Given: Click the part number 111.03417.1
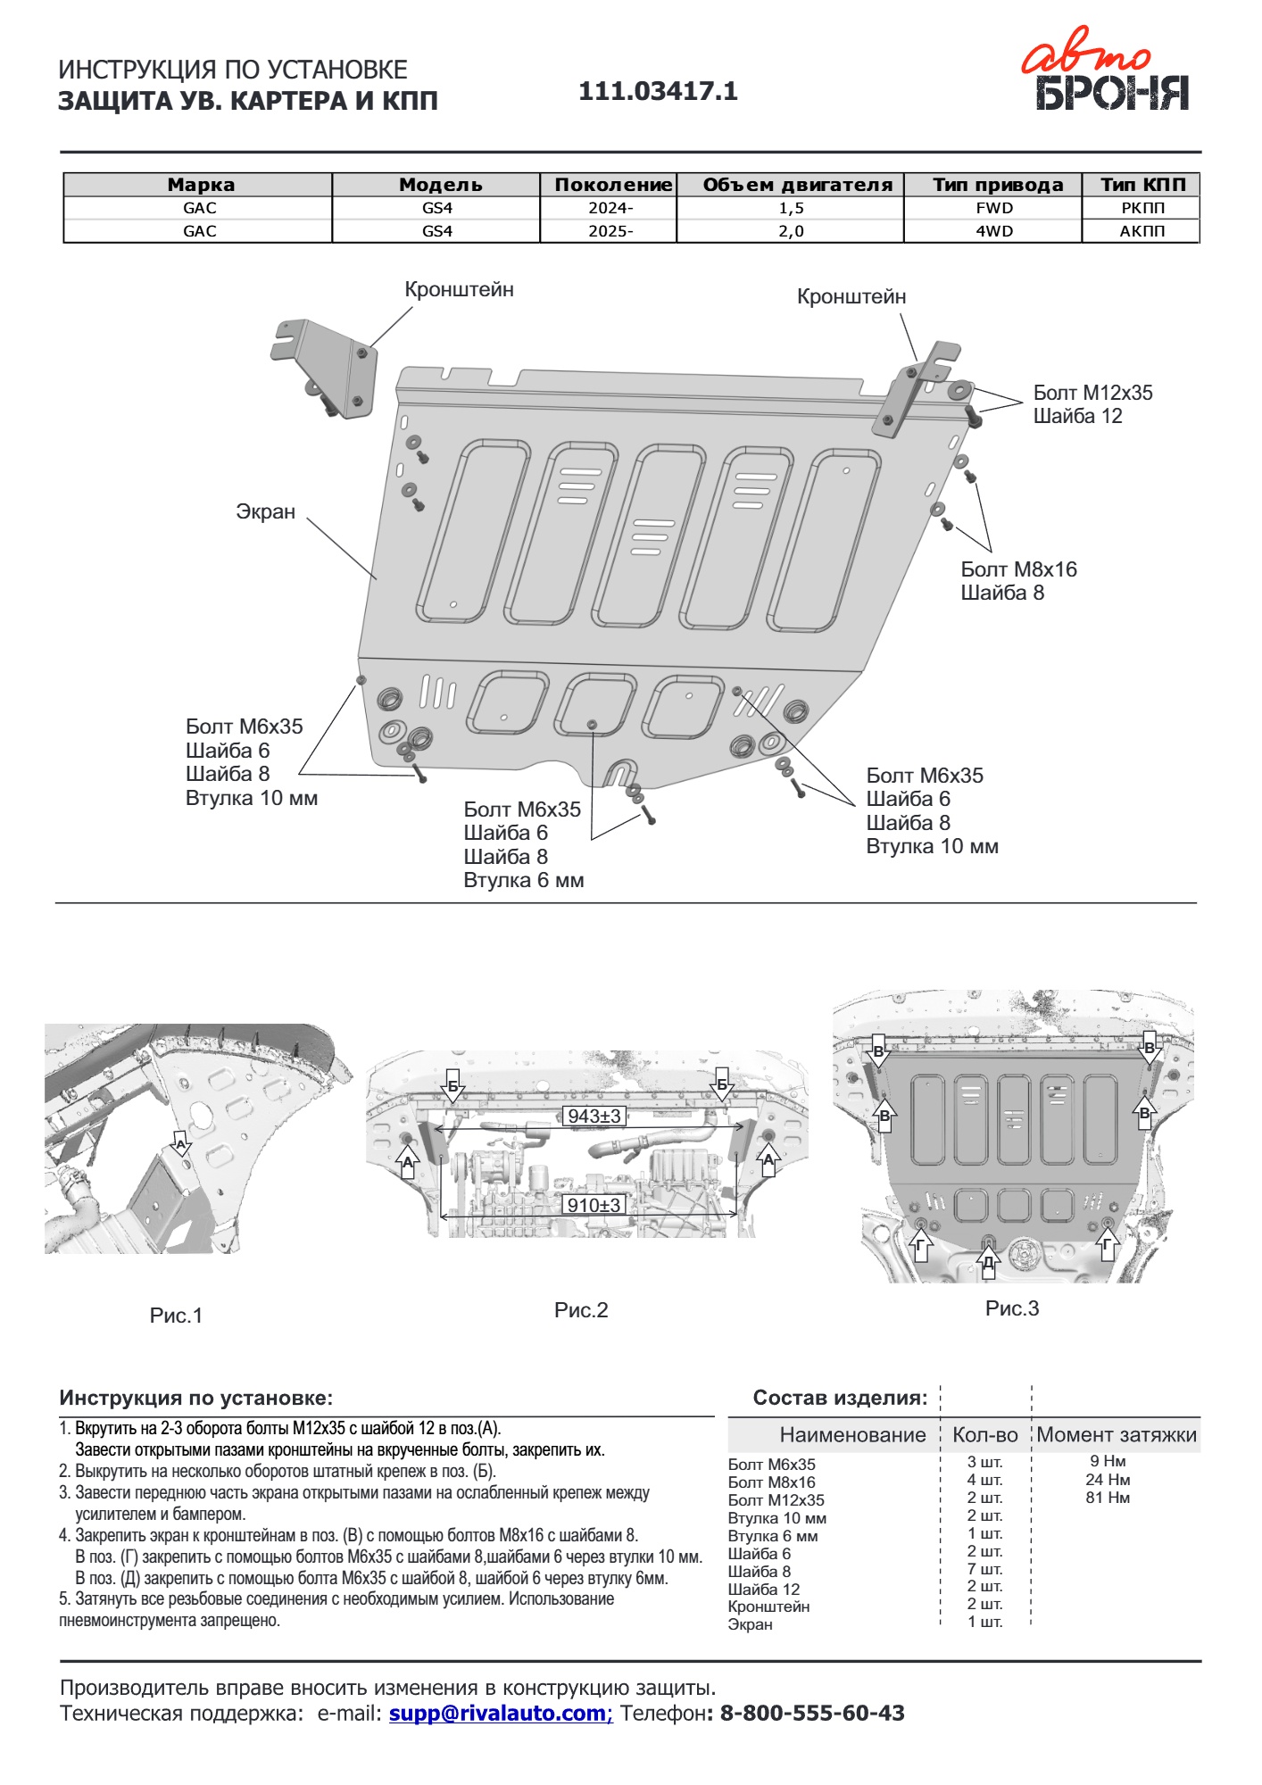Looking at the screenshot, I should [658, 91].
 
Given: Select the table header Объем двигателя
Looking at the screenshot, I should [797, 185].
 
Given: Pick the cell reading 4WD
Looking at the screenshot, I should [993, 231].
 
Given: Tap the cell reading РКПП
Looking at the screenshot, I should [1142, 208].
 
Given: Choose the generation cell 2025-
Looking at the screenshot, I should [610, 231].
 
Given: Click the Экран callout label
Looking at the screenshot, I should [265, 511].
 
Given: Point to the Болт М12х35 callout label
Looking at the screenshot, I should [1092, 393].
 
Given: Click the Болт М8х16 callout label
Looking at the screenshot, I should [1018, 569].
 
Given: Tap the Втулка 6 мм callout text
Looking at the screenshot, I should [523, 880].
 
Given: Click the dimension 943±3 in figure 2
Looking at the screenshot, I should [594, 1116].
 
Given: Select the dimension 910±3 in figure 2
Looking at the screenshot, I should [594, 1205].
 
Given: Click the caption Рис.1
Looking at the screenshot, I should [176, 1316].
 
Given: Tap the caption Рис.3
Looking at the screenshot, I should [1012, 1308].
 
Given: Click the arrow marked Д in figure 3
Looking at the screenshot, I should [988, 1261].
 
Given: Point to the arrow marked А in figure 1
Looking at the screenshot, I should [181, 1145].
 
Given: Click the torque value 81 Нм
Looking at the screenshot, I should [1108, 1498].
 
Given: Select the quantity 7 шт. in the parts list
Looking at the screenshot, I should [984, 1569].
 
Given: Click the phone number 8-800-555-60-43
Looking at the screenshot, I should [811, 1713].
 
